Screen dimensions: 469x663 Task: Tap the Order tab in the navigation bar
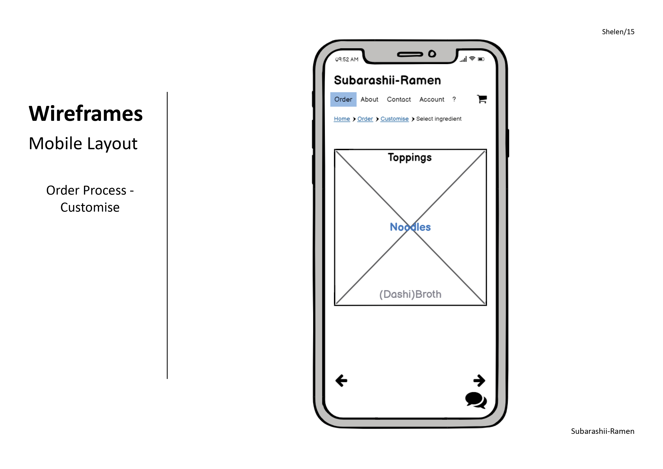[x=343, y=99]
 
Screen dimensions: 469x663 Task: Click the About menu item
[x=369, y=99]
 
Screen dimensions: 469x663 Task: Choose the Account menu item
[x=431, y=99]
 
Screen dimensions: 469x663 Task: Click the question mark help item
[x=454, y=99]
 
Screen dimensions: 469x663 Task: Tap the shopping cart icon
[x=482, y=99]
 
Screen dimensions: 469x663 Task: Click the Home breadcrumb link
[x=342, y=119]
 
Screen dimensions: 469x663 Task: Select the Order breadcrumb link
[x=365, y=119]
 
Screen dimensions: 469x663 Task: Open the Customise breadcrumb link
[x=394, y=119]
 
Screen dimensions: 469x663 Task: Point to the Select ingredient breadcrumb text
[x=439, y=119]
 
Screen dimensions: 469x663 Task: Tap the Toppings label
[x=410, y=158]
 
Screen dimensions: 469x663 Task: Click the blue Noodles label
[x=410, y=227]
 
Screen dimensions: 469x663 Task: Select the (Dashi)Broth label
[x=410, y=294]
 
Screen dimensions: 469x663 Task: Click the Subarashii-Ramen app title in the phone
[x=387, y=80]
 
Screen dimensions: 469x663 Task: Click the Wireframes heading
[x=86, y=114]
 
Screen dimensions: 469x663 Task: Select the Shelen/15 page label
[x=618, y=32]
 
